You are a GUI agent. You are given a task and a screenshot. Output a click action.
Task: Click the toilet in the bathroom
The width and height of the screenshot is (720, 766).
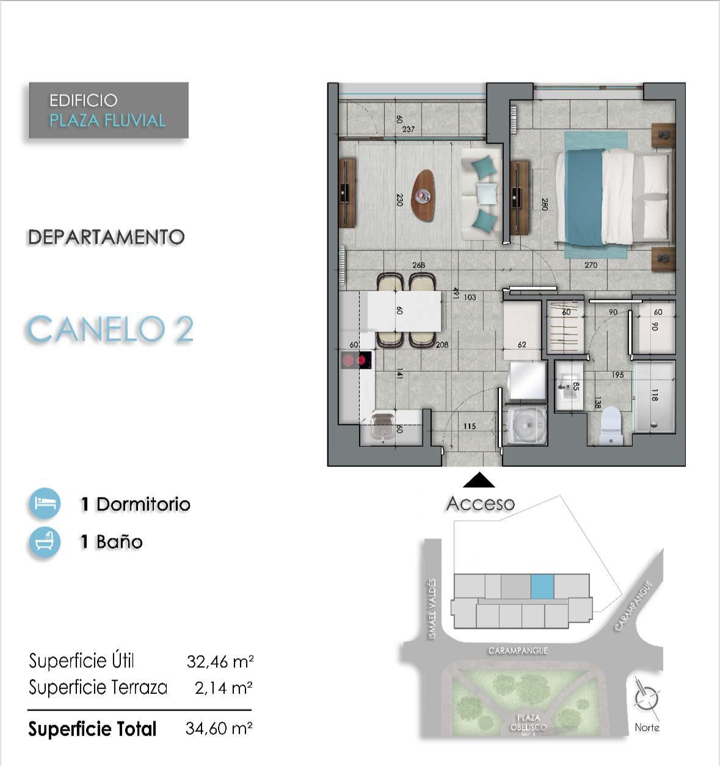tap(611, 425)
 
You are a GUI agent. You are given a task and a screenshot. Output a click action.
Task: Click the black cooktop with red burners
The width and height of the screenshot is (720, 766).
tap(356, 360)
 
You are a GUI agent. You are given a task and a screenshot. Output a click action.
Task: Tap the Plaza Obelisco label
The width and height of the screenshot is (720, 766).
tap(528, 723)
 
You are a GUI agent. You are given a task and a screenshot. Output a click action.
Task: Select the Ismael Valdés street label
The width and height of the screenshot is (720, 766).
tap(432, 609)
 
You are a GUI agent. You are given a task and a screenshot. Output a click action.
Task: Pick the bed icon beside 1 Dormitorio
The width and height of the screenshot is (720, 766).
tap(45, 503)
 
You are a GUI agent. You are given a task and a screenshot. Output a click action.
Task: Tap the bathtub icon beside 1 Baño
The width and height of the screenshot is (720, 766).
tap(45, 541)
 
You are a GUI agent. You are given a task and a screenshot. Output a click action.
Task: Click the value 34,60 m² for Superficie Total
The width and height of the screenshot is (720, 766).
tap(219, 728)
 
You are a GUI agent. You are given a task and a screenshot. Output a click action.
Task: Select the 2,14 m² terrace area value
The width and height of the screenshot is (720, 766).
tap(224, 687)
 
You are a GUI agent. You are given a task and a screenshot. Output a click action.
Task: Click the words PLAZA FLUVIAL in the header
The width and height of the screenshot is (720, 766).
tap(107, 121)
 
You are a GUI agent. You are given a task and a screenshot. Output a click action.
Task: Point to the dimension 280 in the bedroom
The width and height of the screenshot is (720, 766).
tap(545, 204)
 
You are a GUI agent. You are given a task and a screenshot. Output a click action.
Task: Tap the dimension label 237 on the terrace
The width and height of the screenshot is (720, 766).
tap(408, 129)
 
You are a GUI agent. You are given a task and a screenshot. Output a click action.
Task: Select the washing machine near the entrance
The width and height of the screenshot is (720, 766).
tap(527, 425)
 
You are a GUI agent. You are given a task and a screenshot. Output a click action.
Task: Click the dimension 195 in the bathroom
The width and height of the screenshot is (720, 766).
tap(617, 375)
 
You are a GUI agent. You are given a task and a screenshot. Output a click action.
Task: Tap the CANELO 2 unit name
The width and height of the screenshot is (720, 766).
tap(111, 328)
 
